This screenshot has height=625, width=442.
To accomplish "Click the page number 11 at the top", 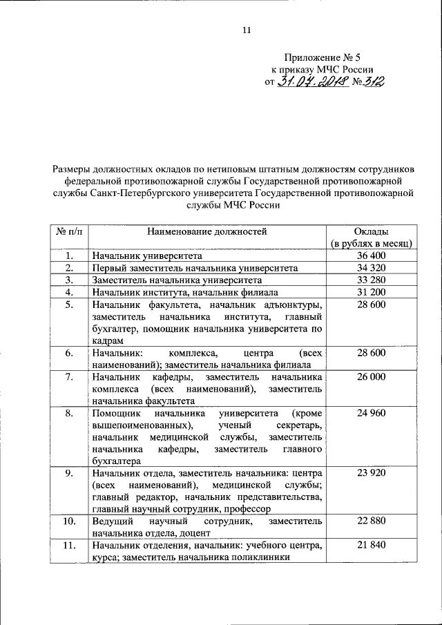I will pos(246,29).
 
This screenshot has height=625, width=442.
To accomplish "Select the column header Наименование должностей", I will pos(206,232).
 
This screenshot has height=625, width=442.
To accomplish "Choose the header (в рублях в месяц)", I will pos(371,244).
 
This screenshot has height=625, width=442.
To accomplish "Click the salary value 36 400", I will pos(371,256).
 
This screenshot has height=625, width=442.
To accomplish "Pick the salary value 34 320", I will pos(371,268).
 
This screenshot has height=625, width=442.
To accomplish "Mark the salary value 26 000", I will pos(371,377).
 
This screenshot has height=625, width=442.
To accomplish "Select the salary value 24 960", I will pos(371,414).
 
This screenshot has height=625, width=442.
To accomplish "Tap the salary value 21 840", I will pos(371,546).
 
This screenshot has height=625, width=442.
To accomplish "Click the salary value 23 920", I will pos(371,474).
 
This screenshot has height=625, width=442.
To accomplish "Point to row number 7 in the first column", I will pos(68,377).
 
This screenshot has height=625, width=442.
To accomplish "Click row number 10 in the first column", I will pos(68,521).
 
